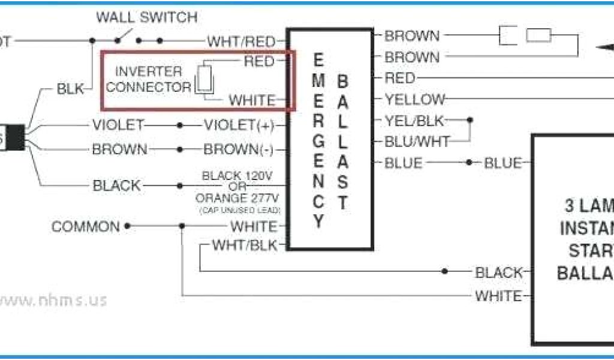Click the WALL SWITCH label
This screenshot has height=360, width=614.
(x=146, y=18)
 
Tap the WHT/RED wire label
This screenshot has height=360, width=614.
(x=241, y=41)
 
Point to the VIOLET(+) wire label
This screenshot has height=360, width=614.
(x=238, y=125)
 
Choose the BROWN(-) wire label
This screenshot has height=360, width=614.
(x=239, y=149)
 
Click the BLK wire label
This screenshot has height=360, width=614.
(x=71, y=89)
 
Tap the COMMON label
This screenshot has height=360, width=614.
(x=86, y=227)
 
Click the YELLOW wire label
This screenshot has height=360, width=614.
(x=416, y=100)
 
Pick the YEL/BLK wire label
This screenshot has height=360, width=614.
(x=414, y=121)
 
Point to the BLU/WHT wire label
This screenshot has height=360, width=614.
(x=417, y=142)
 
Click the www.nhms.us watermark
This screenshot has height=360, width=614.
(x=54, y=299)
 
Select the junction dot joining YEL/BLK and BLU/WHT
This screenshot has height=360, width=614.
(x=469, y=120)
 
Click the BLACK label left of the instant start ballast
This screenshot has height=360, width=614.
(x=499, y=273)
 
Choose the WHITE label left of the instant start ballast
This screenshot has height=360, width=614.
(x=498, y=296)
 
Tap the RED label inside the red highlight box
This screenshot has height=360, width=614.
(x=259, y=61)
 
